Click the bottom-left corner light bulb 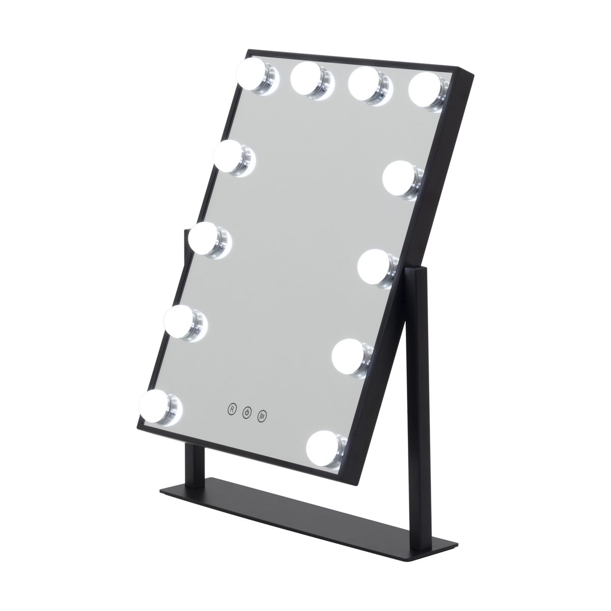160,403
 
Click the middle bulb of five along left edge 207,239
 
